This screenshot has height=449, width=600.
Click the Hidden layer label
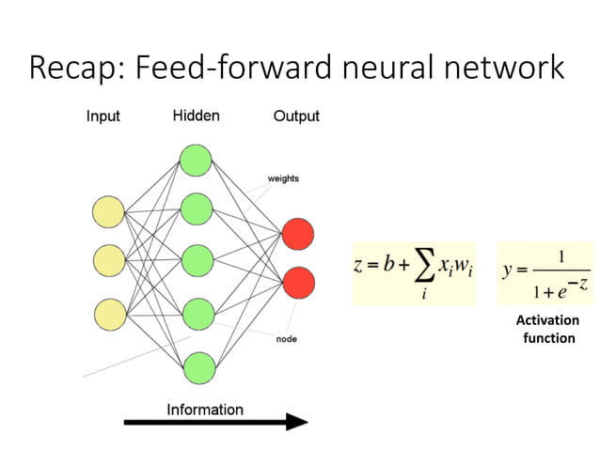[196, 116]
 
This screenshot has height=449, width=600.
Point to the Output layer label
[296, 116]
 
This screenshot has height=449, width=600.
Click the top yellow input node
[107, 212]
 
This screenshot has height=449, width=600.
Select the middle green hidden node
[196, 258]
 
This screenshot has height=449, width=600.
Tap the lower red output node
[297, 282]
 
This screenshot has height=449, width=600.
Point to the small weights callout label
[284, 178]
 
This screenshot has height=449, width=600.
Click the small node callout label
[286, 338]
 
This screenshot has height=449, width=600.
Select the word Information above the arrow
[205, 410]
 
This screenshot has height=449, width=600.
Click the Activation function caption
[548, 329]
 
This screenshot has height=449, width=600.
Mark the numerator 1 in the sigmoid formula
[561, 255]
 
